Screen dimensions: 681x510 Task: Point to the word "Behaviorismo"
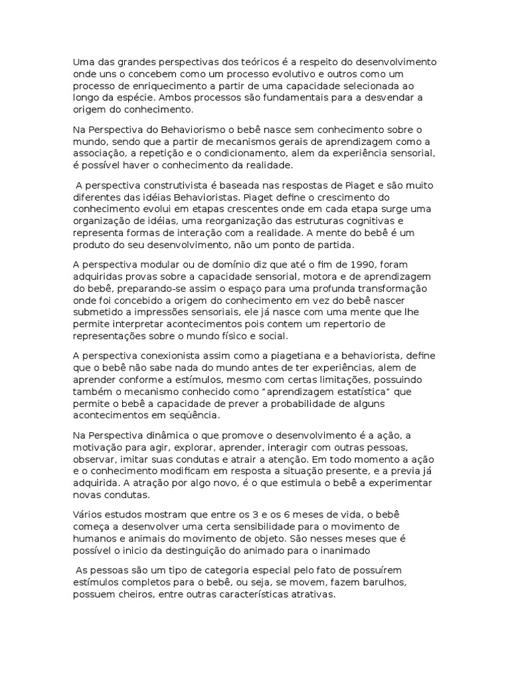click(193, 129)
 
